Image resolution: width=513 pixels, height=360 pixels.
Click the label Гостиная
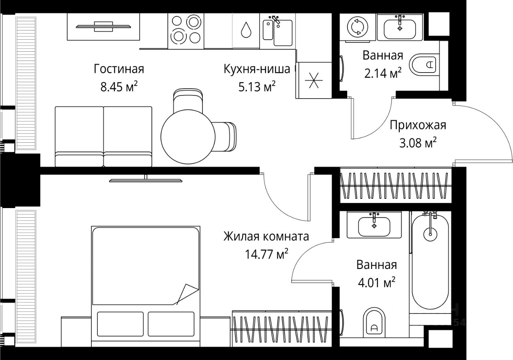[x=119, y=69]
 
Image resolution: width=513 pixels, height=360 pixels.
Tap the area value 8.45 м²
[x=119, y=87]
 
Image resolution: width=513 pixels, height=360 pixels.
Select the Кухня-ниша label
[x=257, y=69]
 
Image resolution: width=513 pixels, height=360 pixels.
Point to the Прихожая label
[x=418, y=125]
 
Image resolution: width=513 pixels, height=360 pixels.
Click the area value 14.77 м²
[x=267, y=254]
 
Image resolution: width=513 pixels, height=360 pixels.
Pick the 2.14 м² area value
[x=383, y=73]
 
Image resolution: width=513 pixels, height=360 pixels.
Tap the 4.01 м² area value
[x=376, y=283]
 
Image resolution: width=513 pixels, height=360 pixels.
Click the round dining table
[x=188, y=137]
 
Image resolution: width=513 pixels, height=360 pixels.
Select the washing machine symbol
[x=357, y=27]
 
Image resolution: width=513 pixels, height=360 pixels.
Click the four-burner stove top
[x=186, y=31]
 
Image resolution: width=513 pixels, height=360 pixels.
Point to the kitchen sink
[x=278, y=31]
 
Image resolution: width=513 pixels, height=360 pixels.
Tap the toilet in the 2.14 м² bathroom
[x=424, y=63]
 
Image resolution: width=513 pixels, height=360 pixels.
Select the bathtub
[x=430, y=262]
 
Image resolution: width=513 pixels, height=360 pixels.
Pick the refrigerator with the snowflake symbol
[x=314, y=80]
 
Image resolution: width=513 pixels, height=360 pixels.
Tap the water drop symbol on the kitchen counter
[x=246, y=30]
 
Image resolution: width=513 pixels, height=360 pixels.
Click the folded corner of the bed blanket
[x=186, y=294]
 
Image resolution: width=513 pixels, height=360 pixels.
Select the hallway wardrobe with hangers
[x=396, y=185]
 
